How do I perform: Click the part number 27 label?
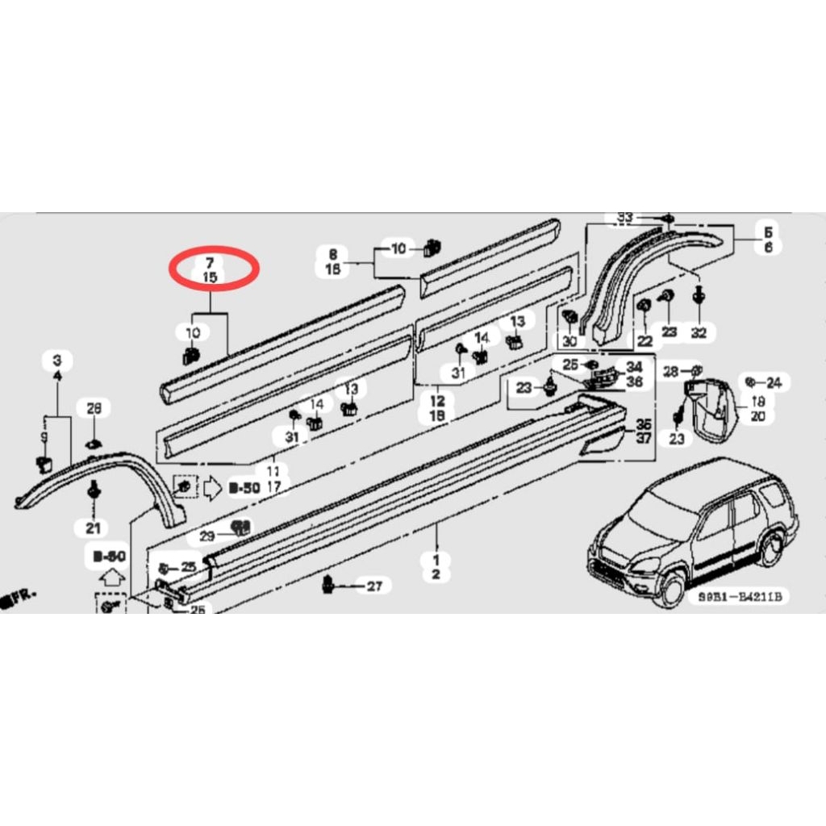374,586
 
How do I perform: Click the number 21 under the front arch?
94,528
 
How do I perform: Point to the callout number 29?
208,536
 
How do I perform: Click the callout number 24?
774,382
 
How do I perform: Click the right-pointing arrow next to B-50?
212,487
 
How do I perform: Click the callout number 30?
570,341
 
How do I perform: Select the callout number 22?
645,341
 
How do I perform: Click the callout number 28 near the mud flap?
671,371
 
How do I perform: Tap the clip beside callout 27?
329,583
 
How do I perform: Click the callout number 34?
634,367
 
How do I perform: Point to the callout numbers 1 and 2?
436,566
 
